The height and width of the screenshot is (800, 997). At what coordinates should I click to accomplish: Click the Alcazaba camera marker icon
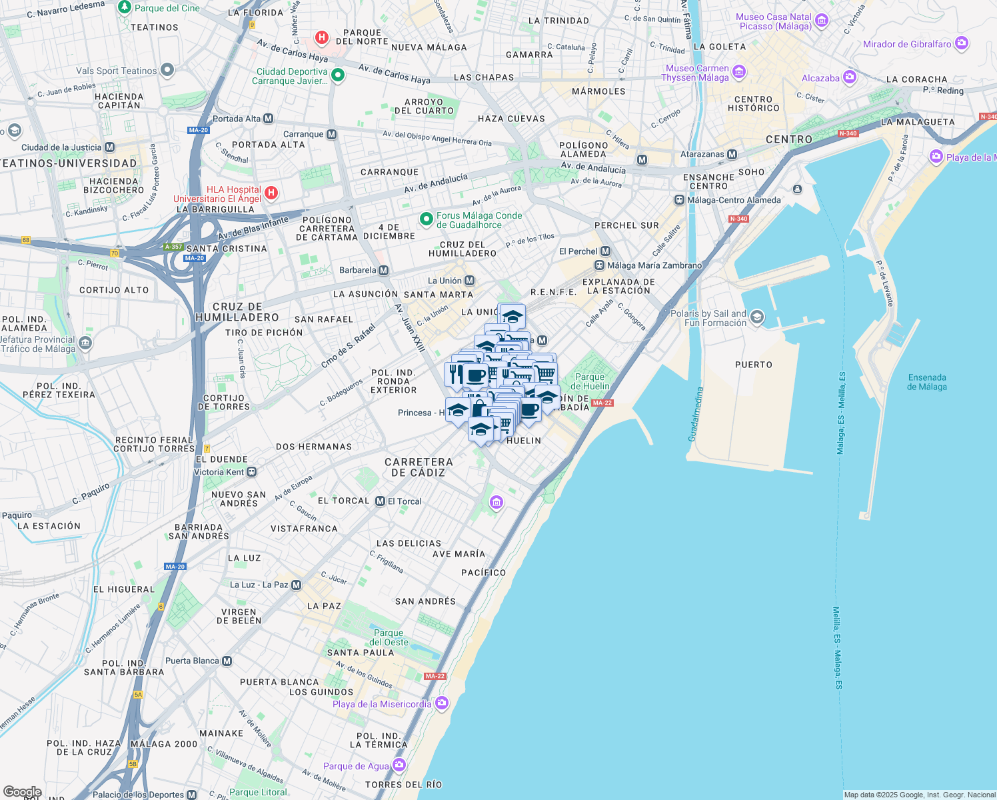point(849,77)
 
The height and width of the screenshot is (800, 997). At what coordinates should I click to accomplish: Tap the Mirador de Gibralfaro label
point(907,44)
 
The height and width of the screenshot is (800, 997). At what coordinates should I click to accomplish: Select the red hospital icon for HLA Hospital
point(271,193)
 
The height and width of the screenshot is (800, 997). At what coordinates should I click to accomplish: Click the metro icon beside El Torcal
point(380,501)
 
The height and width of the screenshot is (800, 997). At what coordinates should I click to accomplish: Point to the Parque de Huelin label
point(590,381)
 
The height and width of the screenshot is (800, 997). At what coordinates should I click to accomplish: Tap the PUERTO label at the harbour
point(753,365)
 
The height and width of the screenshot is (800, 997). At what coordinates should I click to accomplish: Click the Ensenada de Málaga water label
point(926,382)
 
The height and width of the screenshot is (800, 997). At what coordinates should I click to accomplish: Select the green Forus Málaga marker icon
point(427,219)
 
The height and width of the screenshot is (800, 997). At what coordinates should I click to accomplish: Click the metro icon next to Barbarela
point(383,270)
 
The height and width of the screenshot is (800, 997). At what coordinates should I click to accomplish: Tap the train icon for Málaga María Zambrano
point(599,265)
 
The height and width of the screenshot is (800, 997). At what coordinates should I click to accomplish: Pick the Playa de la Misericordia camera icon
point(441,703)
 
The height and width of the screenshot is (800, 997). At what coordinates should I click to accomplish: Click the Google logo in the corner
point(22,792)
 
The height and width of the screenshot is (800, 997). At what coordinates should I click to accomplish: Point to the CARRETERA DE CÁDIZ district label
point(419,467)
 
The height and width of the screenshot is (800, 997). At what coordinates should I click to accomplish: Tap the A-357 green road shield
point(174,247)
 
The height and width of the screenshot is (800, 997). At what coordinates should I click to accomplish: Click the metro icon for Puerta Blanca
point(227,661)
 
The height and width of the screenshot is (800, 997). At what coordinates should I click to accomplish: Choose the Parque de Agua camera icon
point(399,765)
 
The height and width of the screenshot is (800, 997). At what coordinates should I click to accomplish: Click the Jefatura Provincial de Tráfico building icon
point(85,343)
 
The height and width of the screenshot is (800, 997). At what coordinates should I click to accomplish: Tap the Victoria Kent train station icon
point(251,472)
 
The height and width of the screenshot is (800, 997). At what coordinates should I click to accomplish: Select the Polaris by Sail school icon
point(756,317)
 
